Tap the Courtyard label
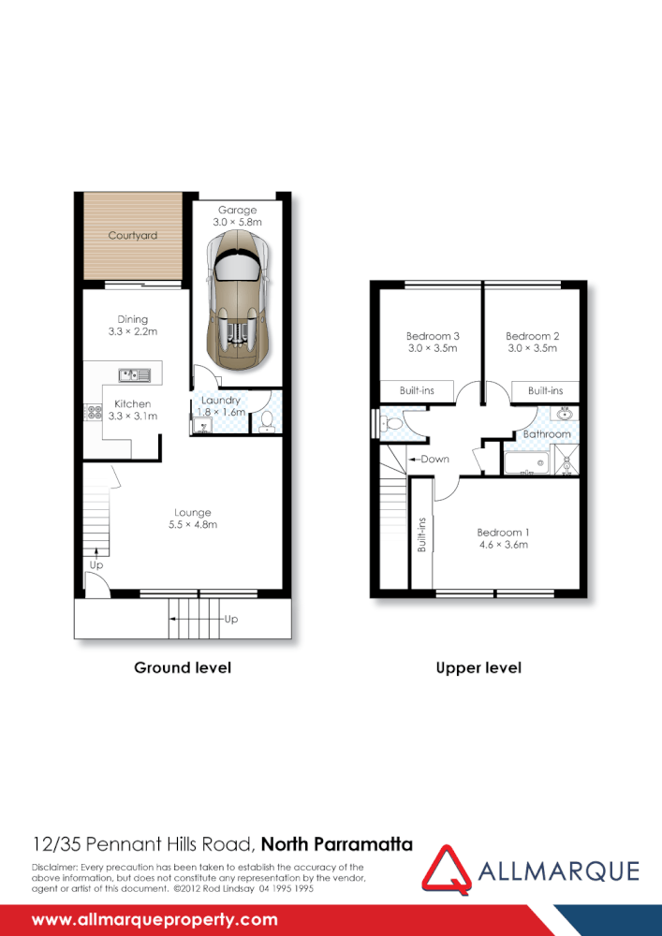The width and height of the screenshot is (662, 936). (x=132, y=236)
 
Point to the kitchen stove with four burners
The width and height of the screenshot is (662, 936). (x=93, y=411)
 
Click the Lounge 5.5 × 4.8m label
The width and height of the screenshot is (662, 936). (x=192, y=519)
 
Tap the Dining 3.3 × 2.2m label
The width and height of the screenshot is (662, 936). (x=132, y=325)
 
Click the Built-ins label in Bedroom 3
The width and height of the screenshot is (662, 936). (x=416, y=390)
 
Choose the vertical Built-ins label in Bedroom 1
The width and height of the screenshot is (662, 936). (x=422, y=534)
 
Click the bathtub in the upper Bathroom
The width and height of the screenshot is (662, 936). (x=525, y=462)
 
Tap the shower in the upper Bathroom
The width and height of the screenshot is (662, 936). (x=566, y=460)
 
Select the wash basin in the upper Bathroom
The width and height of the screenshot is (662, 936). (x=566, y=414)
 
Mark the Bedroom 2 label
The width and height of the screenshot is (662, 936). (x=532, y=336)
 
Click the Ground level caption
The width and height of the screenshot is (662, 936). (x=183, y=667)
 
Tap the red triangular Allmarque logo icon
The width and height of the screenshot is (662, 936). (x=446, y=870)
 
